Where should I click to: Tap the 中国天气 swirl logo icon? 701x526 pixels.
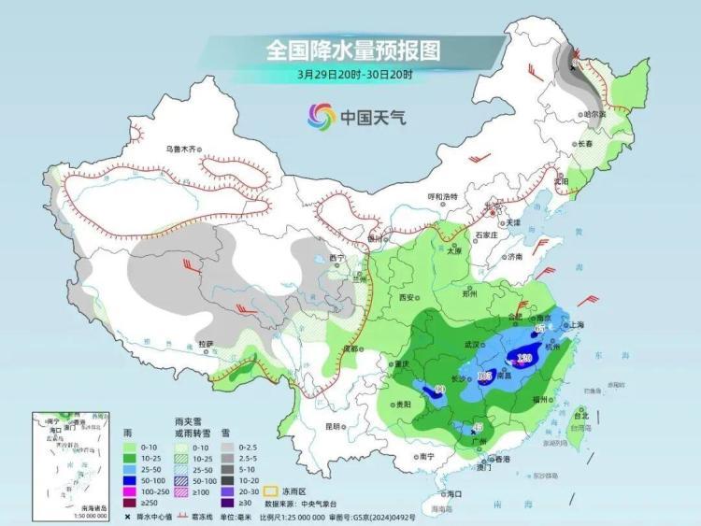pos(322,117)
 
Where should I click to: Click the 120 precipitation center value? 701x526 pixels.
pos(524,358)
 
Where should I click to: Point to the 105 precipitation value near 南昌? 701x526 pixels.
pos(484,376)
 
